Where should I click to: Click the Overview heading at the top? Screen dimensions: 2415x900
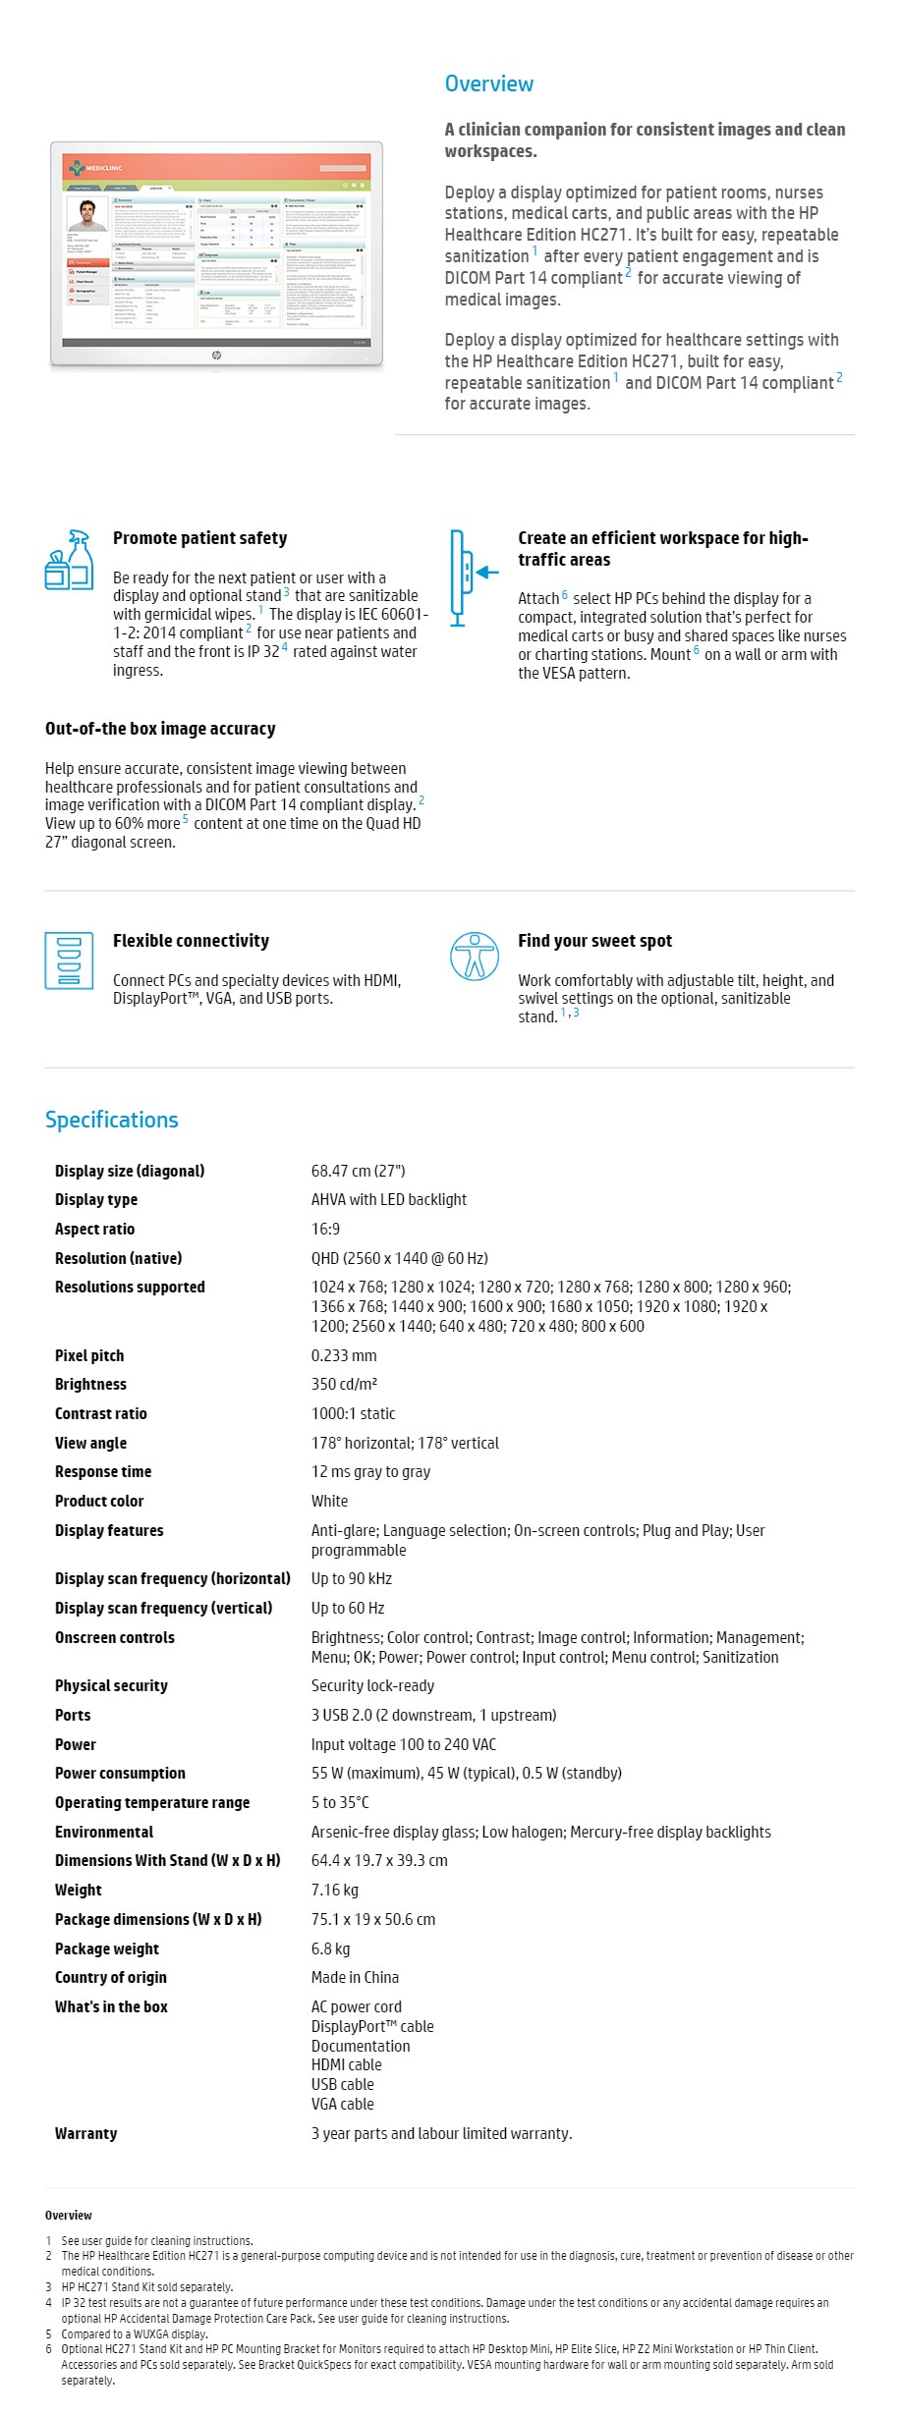(x=488, y=83)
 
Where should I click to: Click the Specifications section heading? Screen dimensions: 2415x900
(x=111, y=1120)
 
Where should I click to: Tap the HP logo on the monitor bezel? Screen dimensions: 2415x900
(x=216, y=356)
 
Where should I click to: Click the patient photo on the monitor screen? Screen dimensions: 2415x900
(x=87, y=214)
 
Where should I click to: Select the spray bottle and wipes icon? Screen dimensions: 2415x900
(x=70, y=560)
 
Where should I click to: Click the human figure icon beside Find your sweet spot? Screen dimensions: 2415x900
(x=475, y=957)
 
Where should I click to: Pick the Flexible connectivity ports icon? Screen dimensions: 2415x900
(x=69, y=960)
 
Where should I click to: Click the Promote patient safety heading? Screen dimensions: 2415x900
(x=199, y=538)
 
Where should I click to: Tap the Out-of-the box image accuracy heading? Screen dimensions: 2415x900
(x=160, y=729)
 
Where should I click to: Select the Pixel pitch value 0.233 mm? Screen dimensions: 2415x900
(x=344, y=1355)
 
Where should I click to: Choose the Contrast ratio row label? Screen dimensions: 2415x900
(x=101, y=1413)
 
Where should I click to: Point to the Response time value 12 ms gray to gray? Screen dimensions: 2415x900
(x=370, y=1471)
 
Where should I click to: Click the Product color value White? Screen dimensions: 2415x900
(x=329, y=1501)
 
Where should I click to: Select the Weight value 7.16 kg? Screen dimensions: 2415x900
(x=334, y=1890)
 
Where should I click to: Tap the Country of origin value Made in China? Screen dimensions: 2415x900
(x=355, y=1977)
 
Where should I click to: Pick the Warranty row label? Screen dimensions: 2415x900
(x=85, y=2133)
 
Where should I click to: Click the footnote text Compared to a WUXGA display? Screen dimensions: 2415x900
(x=135, y=2333)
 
